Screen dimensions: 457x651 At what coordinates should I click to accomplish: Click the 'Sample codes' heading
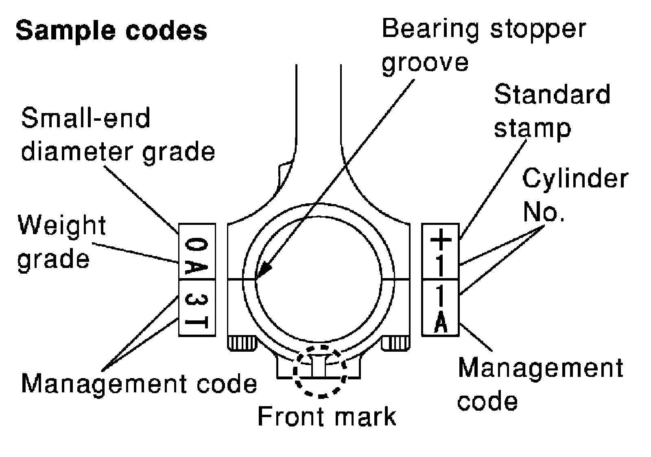(x=111, y=31)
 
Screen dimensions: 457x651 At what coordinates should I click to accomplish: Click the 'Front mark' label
(x=327, y=416)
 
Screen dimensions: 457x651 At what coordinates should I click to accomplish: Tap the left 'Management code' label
(x=139, y=383)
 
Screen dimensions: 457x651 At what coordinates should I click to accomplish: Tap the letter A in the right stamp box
(x=441, y=324)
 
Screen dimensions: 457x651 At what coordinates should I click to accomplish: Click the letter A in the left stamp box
(x=197, y=266)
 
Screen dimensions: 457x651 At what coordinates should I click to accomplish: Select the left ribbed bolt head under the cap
(x=242, y=344)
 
